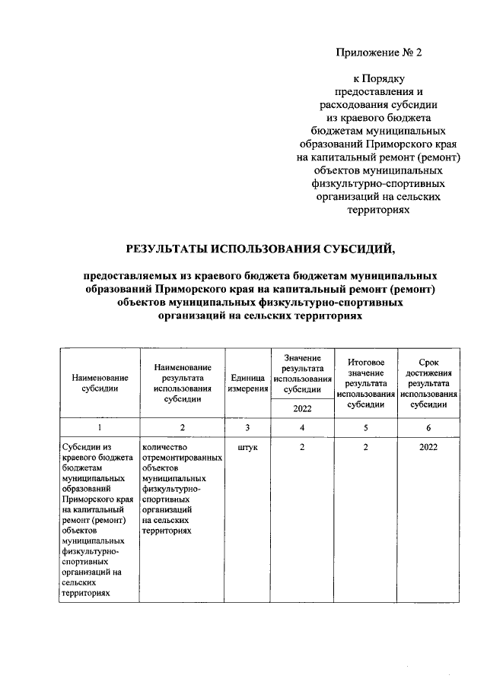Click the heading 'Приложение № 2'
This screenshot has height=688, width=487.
click(378, 53)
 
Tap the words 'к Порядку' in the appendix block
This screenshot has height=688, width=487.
click(378, 78)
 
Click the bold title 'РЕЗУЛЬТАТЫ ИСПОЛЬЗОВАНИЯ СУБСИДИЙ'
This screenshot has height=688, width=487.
click(260, 249)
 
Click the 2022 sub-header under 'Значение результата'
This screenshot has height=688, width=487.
click(302, 409)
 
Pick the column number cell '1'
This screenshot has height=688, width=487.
click(100, 428)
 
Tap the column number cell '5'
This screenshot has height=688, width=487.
click(366, 428)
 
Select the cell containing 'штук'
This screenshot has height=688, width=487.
click(247, 448)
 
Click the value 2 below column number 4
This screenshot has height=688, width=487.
click(302, 448)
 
